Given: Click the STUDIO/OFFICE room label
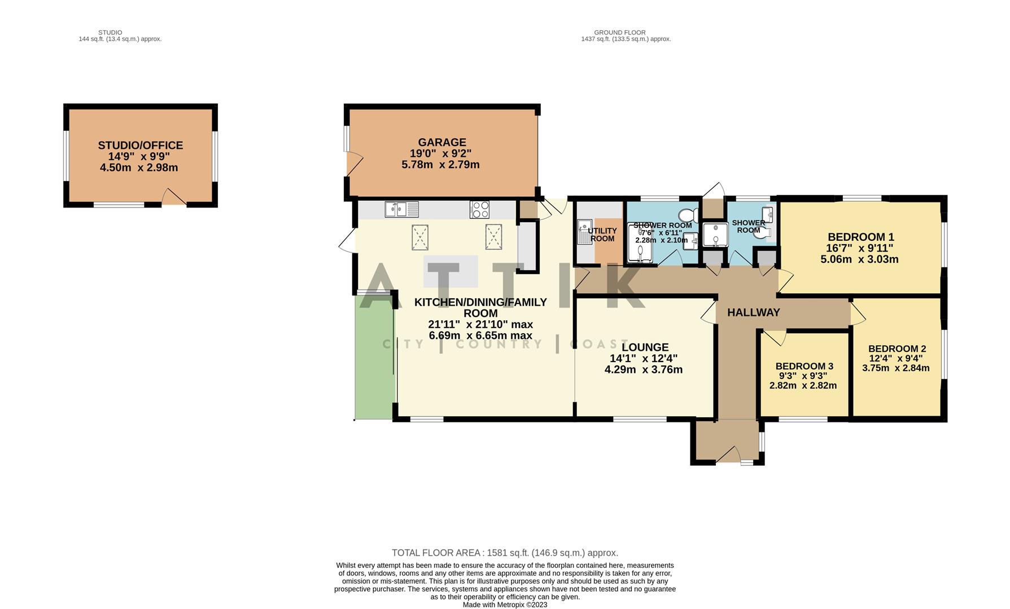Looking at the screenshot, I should pos(140,145).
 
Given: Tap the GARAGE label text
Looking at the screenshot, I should pos(441,142).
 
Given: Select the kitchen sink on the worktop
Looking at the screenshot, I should pos(401,209).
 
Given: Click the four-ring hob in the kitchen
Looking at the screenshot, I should pos(479,209).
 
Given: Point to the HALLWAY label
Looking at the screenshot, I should pos(753,312).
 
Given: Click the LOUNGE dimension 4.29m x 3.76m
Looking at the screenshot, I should pos(643,370).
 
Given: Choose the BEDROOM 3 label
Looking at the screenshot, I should pos(804,367).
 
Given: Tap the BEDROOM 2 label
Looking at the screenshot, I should pos(897,348).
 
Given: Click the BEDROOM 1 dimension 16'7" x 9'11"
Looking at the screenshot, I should pos(860,248).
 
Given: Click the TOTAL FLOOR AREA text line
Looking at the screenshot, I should pos(505,553).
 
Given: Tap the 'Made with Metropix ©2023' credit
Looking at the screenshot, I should pos(505,604).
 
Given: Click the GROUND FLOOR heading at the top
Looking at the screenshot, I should pos(619,33).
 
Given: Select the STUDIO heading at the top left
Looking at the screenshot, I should pos(110,33).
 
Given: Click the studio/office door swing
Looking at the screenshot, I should pos(173,197).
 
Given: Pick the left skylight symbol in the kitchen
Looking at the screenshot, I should pos(420,237).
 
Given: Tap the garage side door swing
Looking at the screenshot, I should pos(353,165).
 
